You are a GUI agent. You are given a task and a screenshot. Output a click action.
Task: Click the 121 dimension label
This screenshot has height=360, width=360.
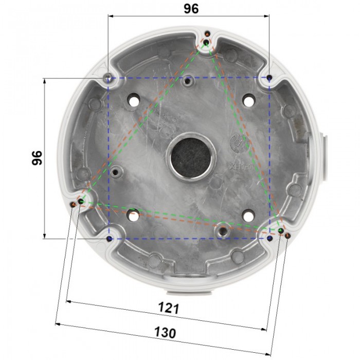tap(168, 309)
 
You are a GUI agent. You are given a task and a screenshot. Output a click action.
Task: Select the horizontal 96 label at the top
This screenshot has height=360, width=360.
tap(188, 9)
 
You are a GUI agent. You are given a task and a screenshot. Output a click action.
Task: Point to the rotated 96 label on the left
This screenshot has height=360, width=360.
tap(35, 158)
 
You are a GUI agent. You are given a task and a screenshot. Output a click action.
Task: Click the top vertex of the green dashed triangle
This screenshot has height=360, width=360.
tap(206, 42)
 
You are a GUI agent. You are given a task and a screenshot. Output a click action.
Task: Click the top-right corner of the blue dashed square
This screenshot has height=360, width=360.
tap(269, 78)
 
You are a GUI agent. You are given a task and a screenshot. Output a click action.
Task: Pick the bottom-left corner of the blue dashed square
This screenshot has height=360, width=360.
tap(109, 239)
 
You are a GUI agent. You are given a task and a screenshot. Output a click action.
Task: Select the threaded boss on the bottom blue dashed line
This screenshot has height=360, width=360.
tap(223, 230)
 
